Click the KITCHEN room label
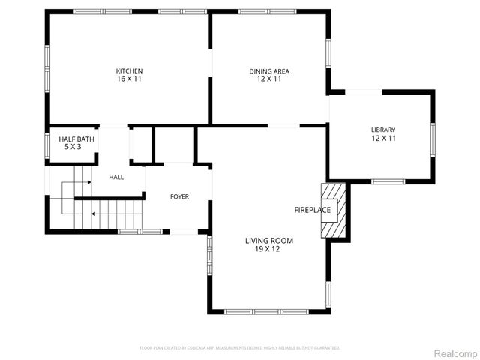[129, 71]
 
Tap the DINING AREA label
[269, 71]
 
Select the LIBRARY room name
[382, 130]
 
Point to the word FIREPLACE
[312, 210]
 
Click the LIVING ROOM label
[269, 241]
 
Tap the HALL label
[116, 178]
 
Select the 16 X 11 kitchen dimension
[129, 79]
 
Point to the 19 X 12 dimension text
[269, 249]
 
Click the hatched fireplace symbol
[340, 211]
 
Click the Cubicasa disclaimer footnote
[240, 348]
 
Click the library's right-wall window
[433, 139]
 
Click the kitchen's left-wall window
[47, 67]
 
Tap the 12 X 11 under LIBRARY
[382, 139]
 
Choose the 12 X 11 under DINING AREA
[269, 79]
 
